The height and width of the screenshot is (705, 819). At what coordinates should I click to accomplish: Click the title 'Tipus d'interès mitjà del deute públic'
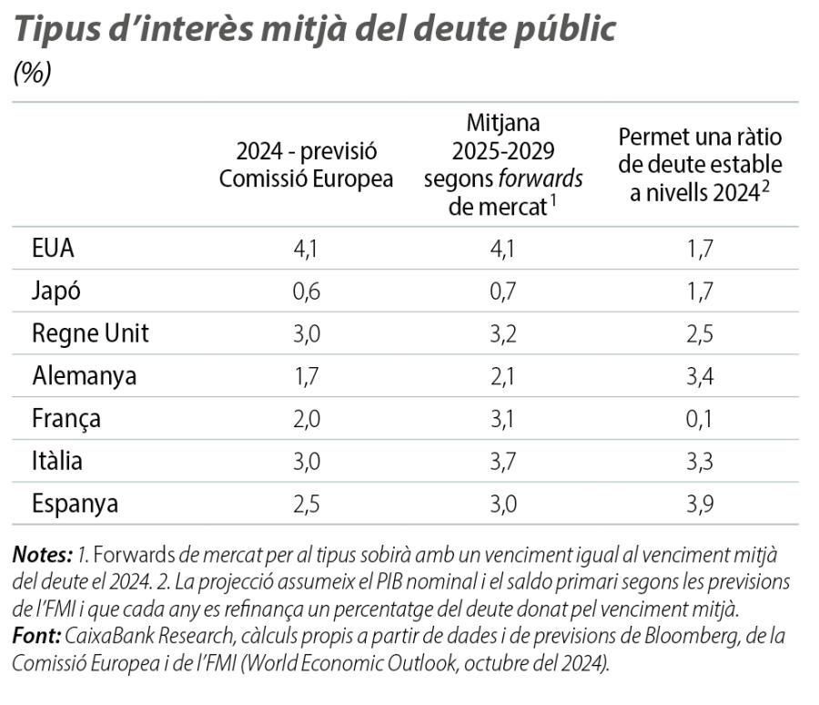point(315,29)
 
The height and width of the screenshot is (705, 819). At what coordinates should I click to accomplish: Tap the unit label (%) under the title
point(32,74)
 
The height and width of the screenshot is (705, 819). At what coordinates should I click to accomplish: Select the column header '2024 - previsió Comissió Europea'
point(306,165)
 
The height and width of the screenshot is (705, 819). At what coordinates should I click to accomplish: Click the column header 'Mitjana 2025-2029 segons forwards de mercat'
point(503,165)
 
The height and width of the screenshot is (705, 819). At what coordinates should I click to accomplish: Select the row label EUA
point(52,249)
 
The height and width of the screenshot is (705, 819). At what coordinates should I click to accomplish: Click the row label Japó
point(56,291)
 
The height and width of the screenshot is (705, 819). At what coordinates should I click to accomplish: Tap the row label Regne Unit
point(90,333)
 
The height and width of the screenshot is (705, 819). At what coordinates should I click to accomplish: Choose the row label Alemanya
point(84,376)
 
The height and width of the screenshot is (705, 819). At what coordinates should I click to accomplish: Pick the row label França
point(66,419)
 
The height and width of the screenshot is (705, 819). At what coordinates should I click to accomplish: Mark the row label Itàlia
point(57,461)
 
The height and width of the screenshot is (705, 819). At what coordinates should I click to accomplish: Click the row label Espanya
point(75,503)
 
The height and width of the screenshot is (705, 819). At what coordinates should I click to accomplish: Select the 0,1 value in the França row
point(700,419)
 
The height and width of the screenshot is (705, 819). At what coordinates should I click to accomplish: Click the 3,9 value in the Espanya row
point(700,503)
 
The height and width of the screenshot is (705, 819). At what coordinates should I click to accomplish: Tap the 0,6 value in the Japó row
point(306,291)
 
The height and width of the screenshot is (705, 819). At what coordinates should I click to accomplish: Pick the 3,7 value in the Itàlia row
point(503,461)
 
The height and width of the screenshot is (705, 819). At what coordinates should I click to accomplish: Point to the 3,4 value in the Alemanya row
point(700,376)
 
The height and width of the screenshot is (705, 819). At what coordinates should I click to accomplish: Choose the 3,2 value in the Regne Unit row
point(503,333)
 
